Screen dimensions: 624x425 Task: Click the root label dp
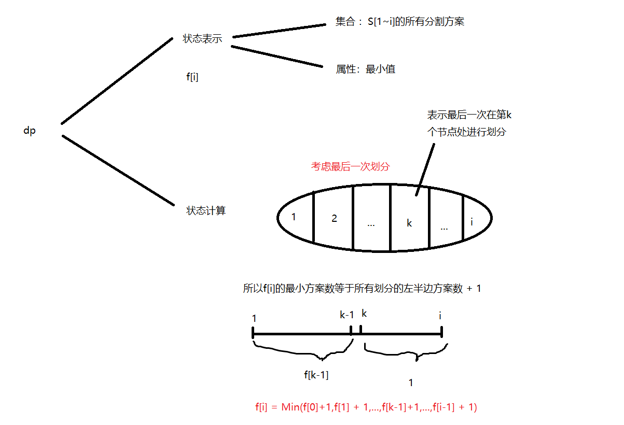pyautogui.click(x=30, y=131)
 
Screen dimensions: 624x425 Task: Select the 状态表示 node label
pyautogui.click(x=202, y=39)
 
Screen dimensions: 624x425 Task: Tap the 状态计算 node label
pyautogui.click(x=206, y=211)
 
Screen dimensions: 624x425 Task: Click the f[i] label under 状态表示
pyautogui.click(x=192, y=77)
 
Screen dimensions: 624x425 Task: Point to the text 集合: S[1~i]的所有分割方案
pyautogui.click(x=399, y=22)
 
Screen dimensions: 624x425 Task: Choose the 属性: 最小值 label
pyautogui.click(x=366, y=69)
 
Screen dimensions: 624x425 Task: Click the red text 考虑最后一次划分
pyautogui.click(x=350, y=166)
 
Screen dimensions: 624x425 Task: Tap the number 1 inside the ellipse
pyautogui.click(x=294, y=217)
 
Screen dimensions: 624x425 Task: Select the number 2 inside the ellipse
pyautogui.click(x=334, y=218)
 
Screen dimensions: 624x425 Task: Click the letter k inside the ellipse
pyautogui.click(x=409, y=223)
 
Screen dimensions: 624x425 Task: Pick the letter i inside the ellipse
pyautogui.click(x=472, y=222)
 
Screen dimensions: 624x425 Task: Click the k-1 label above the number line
pyautogui.click(x=347, y=315)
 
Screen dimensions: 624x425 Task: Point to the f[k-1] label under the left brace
pyautogui.click(x=316, y=375)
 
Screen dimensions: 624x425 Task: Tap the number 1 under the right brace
pyautogui.click(x=411, y=383)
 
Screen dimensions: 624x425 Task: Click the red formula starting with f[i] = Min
pyautogui.click(x=366, y=407)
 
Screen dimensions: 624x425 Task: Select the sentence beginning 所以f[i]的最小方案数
pyautogui.click(x=362, y=289)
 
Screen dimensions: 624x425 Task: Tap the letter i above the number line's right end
pyautogui.click(x=440, y=315)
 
